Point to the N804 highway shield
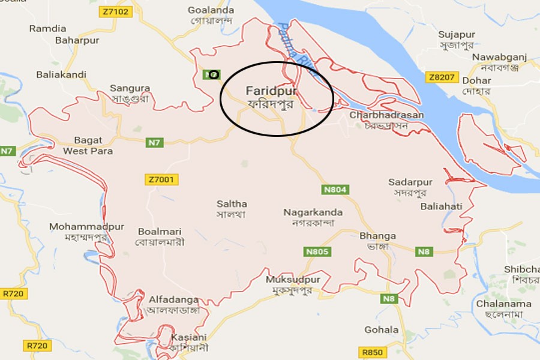point(335,190)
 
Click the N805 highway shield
point(316,252)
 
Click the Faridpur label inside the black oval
point(264,91)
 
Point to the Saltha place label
point(232,204)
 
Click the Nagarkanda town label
point(313,212)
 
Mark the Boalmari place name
point(160,232)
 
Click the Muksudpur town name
point(293,280)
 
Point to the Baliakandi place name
point(61,75)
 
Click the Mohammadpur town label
point(78,227)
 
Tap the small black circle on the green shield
point(213,74)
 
